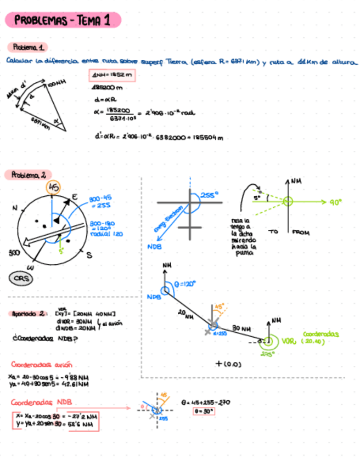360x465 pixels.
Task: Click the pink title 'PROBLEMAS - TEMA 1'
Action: pyautogui.click(x=62, y=21)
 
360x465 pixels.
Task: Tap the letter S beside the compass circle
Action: pyautogui.click(x=89, y=256)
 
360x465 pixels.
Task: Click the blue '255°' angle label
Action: pyautogui.click(x=209, y=195)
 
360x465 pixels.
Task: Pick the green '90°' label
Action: pyautogui.click(x=336, y=202)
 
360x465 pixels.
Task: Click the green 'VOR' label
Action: pyautogui.click(x=289, y=341)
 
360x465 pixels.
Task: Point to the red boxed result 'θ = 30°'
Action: pyautogui.click(x=204, y=410)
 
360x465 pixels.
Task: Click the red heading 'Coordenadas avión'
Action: pyautogui.click(x=41, y=364)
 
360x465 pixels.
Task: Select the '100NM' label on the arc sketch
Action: pyautogui.click(x=57, y=84)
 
